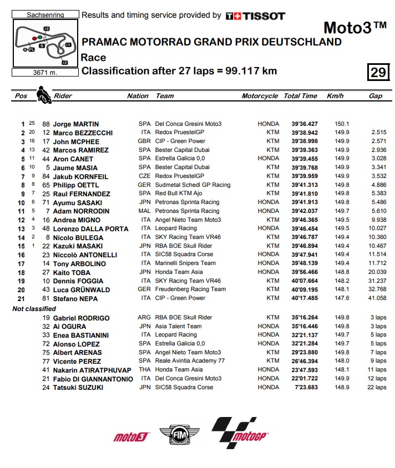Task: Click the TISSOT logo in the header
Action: tap(255, 16)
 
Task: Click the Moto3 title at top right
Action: tap(355, 28)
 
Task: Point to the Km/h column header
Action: tap(335, 96)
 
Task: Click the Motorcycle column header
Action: tap(260, 96)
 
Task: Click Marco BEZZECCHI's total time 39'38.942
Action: tap(301, 133)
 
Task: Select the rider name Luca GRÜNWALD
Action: tap(82, 289)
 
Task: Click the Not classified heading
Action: tap(34, 308)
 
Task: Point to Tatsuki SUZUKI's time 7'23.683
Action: tap(303, 387)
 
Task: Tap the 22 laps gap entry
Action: tap(377, 387)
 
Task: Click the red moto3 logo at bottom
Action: tap(131, 437)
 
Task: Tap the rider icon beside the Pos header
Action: tap(43, 95)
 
